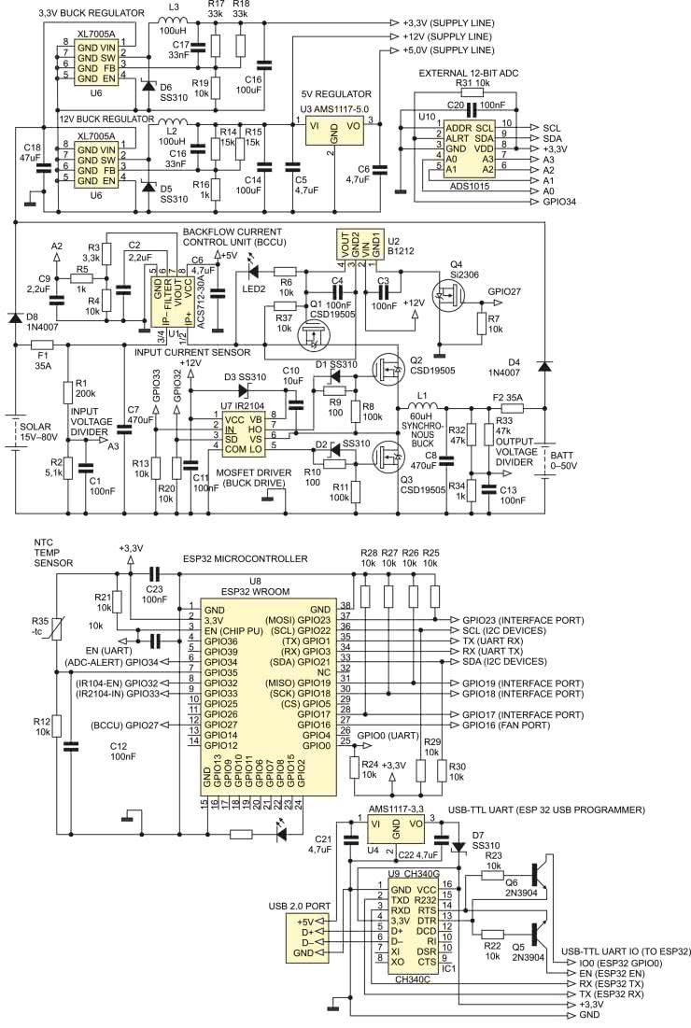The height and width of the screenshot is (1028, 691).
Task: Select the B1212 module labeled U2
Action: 360,247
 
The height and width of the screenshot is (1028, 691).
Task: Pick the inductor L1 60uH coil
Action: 421,407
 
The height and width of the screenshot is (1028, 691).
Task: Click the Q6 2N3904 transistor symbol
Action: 533,874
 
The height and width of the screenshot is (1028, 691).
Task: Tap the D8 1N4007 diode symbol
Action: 15,318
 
